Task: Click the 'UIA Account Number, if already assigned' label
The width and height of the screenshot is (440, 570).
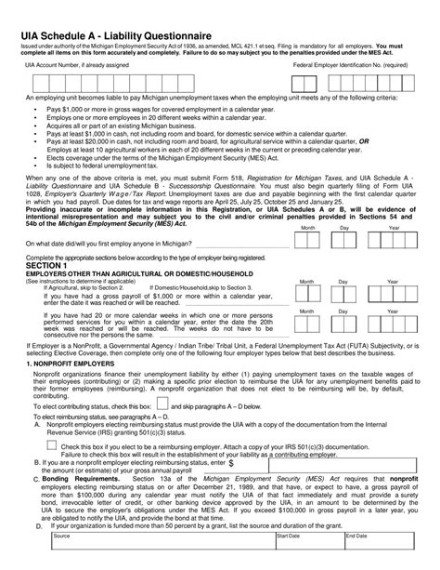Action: (x=77, y=67)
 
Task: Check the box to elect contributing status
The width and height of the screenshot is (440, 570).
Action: (x=163, y=405)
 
